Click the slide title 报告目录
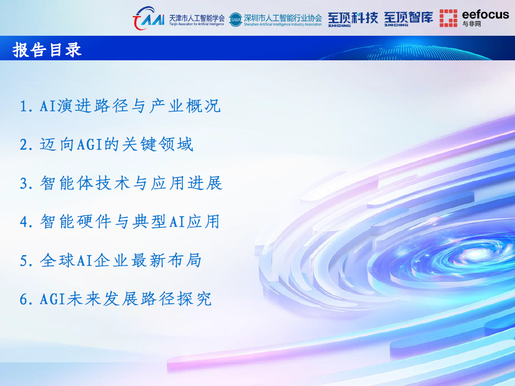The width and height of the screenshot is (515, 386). (x=47, y=50)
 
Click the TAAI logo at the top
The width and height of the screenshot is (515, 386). (x=149, y=18)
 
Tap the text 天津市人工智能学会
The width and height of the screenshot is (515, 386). (x=197, y=18)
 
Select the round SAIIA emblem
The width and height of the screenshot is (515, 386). (x=236, y=20)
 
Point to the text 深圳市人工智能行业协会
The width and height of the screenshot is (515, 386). (x=283, y=18)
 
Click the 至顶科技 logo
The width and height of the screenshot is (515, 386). (x=353, y=19)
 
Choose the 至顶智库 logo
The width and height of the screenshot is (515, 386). (x=409, y=19)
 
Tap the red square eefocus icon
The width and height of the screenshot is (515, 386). (x=448, y=18)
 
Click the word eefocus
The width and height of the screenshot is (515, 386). (x=485, y=15)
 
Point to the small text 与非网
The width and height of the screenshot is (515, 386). (x=472, y=24)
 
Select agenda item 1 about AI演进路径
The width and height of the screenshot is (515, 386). (x=120, y=106)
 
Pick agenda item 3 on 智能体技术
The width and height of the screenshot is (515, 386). (x=121, y=183)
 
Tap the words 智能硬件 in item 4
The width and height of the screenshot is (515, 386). (x=76, y=222)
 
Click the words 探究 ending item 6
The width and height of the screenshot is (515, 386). (x=194, y=299)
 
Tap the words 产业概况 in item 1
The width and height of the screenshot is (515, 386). (x=185, y=106)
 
